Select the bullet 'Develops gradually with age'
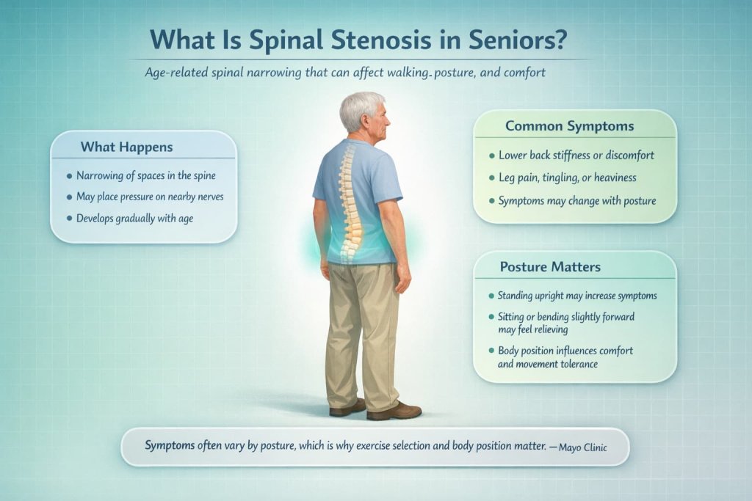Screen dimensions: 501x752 pos(134,218)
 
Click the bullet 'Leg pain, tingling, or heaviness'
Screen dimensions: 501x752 pos(567,178)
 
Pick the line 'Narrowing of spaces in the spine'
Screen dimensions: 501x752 pos(145,176)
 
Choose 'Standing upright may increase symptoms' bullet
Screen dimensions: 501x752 pos(576,296)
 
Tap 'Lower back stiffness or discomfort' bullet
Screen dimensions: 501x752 pos(576,156)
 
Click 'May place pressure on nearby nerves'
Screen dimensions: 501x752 pos(149,197)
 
